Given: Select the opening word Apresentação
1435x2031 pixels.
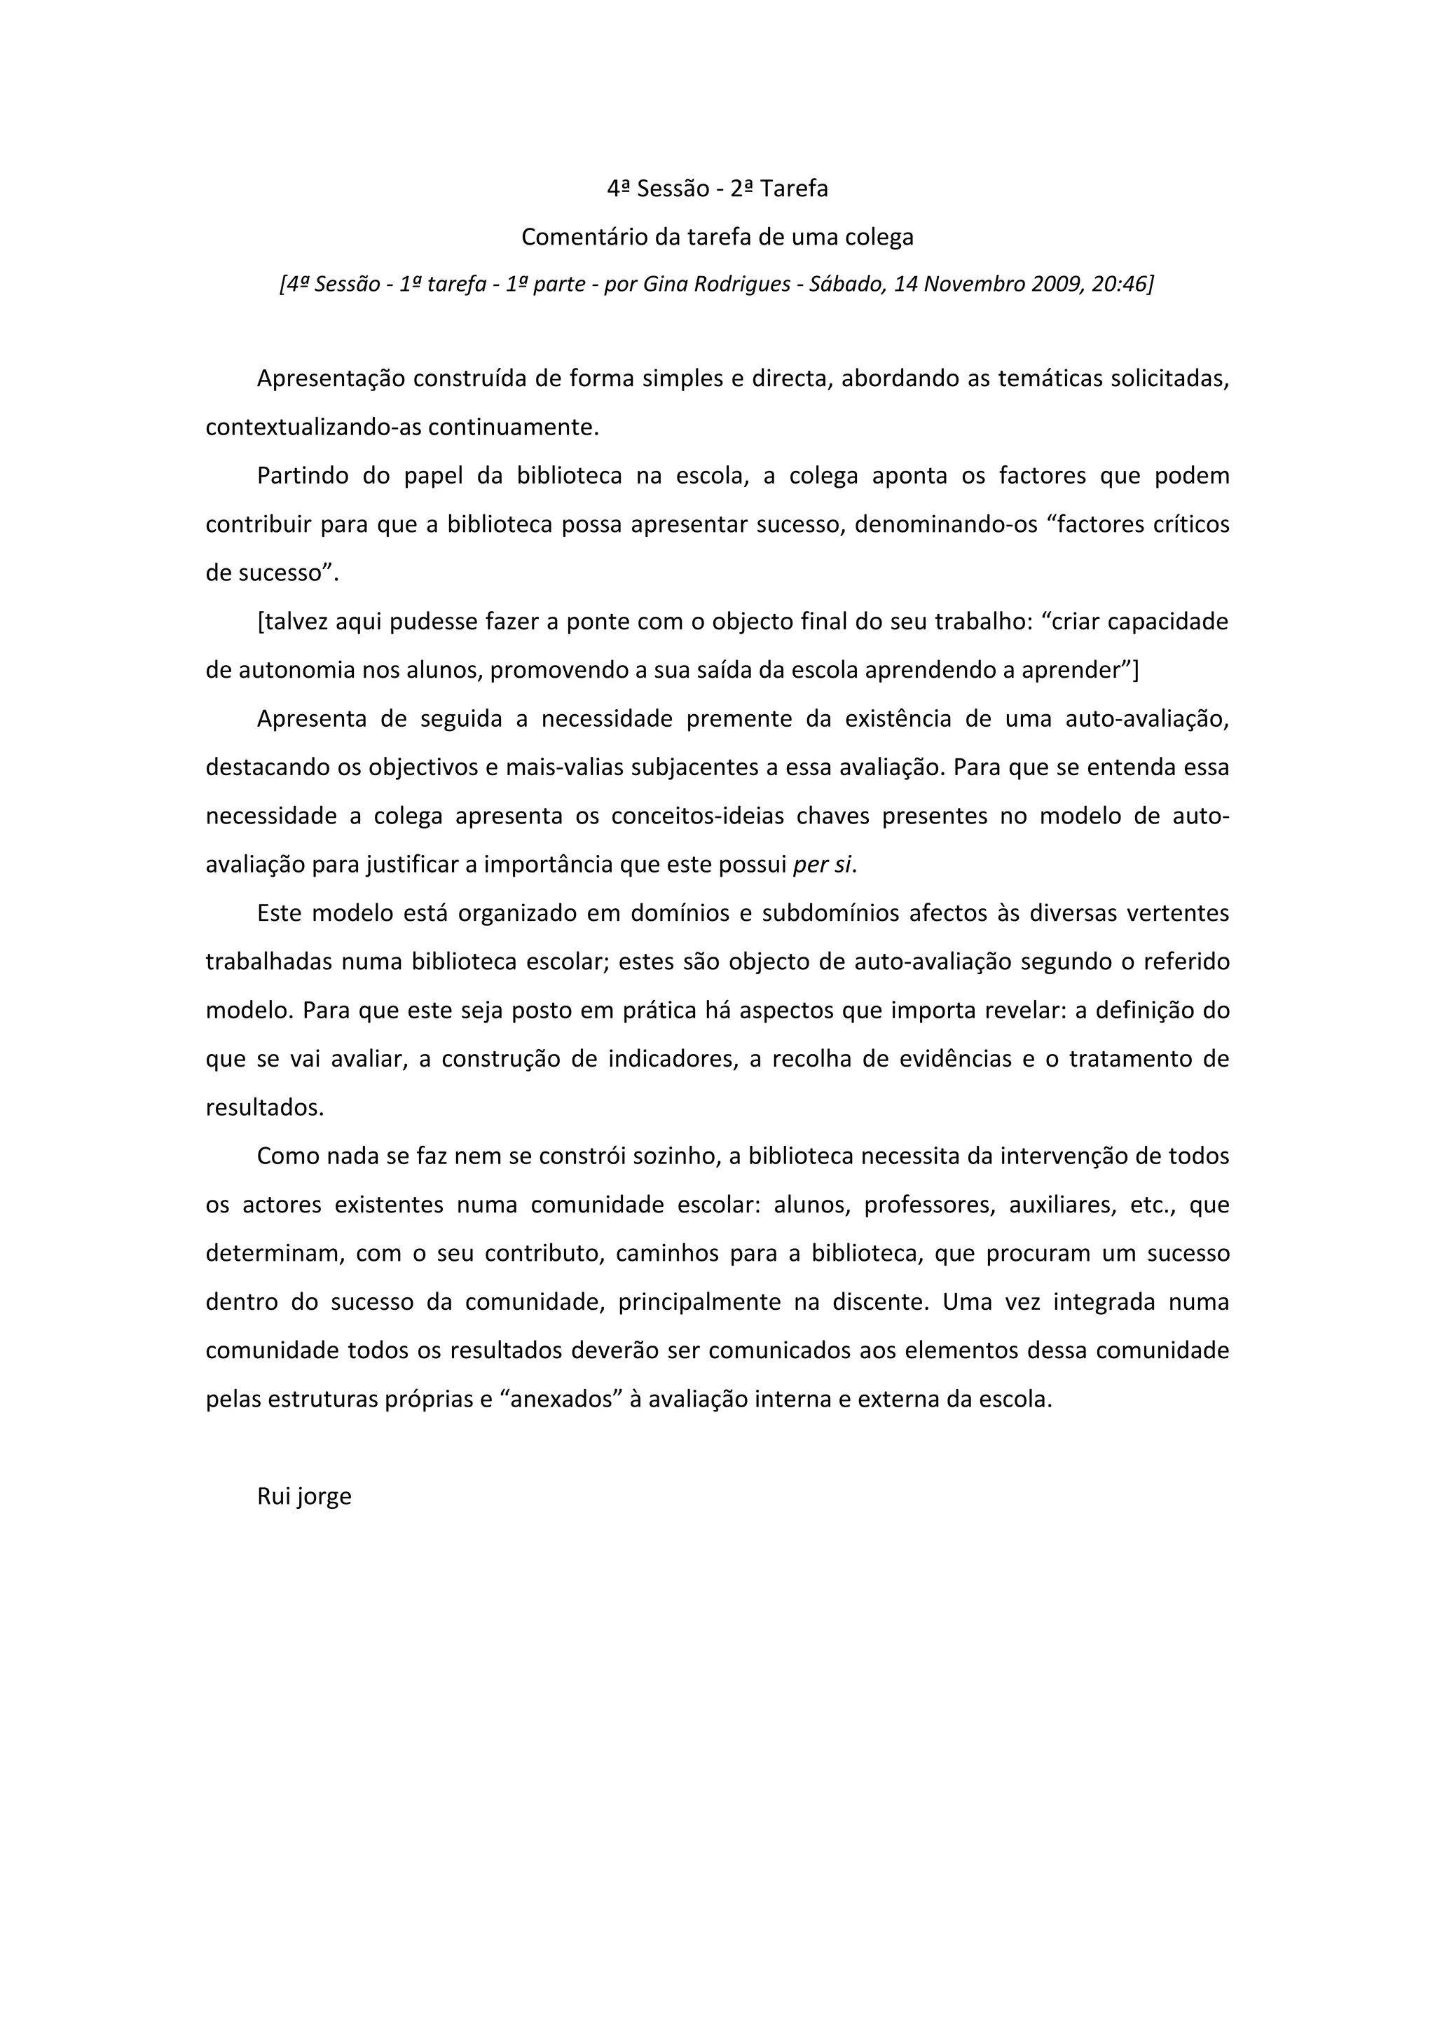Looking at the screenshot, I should (x=331, y=378).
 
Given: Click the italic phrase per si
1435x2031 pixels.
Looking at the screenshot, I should (x=823, y=865).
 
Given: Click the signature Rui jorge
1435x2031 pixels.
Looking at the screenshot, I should (x=304, y=1497).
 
